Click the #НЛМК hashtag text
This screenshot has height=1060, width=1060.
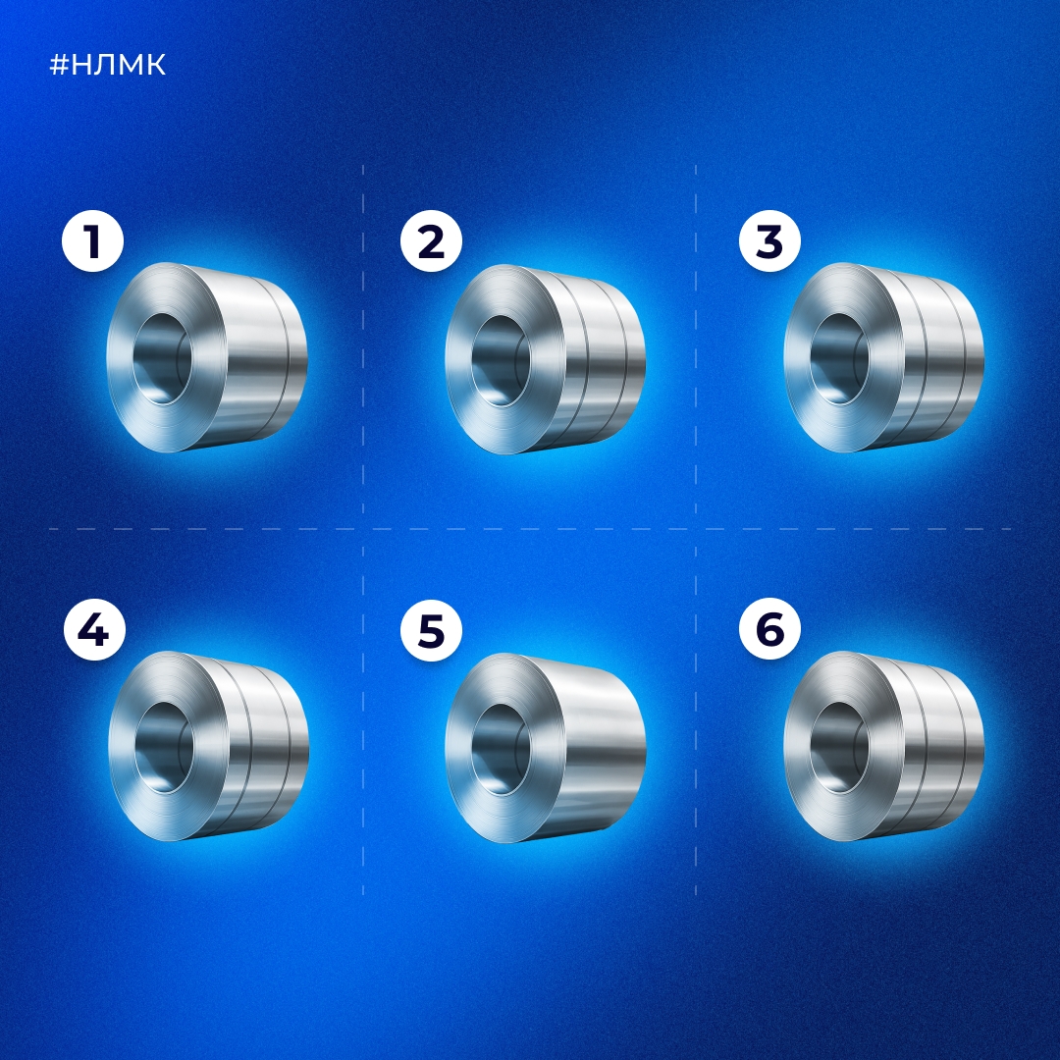pos(108,65)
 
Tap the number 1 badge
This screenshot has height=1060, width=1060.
pos(92,241)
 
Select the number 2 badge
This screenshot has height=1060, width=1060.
pos(431,241)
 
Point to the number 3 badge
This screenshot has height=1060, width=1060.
pos(769,241)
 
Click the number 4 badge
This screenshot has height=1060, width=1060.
pos(94,630)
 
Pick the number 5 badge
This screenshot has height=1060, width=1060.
pos(431,630)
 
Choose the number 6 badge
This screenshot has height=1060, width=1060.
pos(769,630)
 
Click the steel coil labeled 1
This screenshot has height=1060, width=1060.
pos(207,357)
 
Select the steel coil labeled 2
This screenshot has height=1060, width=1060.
pos(545,359)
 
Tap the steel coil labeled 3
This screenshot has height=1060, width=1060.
pos(883,357)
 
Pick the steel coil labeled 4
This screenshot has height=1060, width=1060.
pos(209,746)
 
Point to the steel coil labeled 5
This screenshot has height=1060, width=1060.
pos(545,748)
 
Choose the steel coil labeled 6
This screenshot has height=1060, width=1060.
pos(883,746)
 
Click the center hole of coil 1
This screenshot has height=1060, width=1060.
pos(162,359)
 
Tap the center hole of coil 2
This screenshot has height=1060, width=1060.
pos(501,361)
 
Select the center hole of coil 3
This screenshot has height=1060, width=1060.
pos(839,359)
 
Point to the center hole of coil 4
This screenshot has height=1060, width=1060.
pos(164,748)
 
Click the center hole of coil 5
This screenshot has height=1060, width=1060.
pos(501,750)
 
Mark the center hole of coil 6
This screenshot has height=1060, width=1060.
pos(839,748)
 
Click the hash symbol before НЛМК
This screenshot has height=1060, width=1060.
pos(60,65)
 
